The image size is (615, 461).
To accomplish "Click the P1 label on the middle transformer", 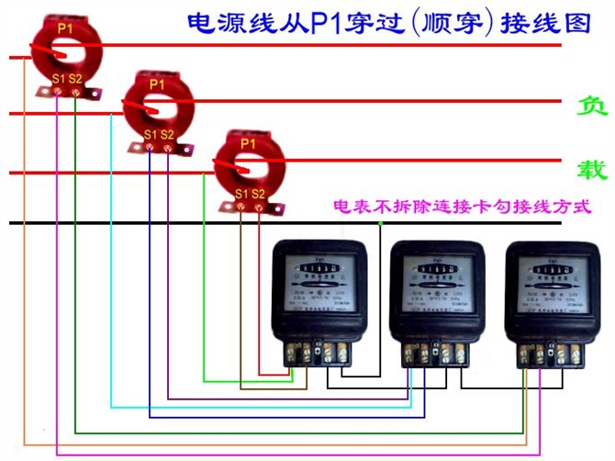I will pyautogui.click(x=157, y=84).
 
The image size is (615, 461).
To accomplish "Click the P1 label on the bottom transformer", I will pyautogui.click(x=249, y=144).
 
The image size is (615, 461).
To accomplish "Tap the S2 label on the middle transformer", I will pyautogui.click(x=167, y=135).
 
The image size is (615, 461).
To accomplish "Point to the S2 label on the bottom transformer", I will pyautogui.click(x=259, y=194).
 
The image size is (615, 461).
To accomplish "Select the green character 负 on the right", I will pyautogui.click(x=591, y=106).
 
